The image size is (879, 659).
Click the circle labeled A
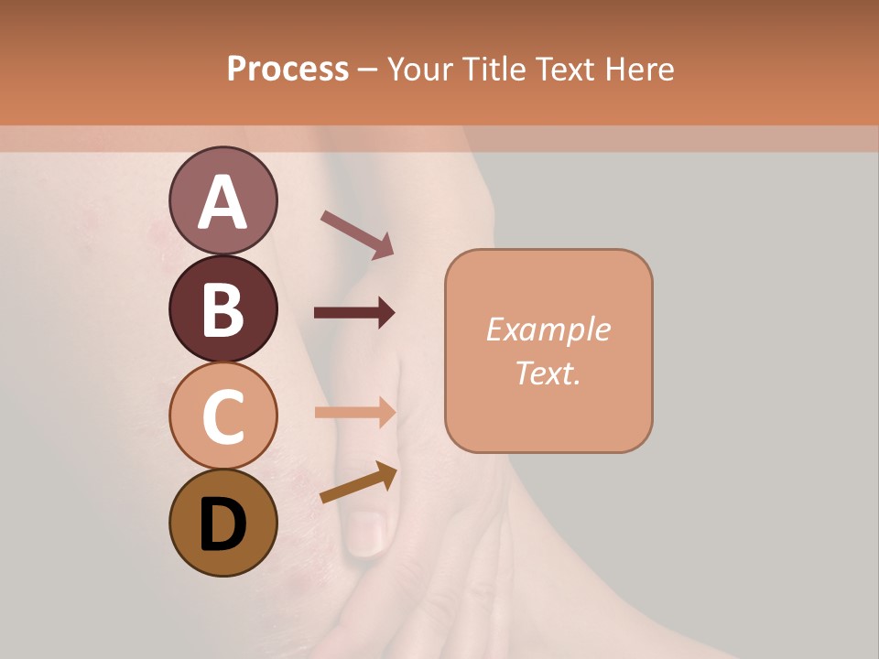[222, 201]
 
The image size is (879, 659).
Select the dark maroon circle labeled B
[222, 309]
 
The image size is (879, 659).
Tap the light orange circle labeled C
[222, 416]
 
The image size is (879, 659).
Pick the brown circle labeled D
[222, 523]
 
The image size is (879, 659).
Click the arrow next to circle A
[357, 234]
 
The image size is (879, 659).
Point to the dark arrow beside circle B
[354, 313]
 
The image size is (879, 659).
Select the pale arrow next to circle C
[354, 413]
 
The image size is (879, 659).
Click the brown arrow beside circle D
[358, 482]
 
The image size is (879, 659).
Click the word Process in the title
[288, 69]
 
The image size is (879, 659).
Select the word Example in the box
[548, 329]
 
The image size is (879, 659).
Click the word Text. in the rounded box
[548, 373]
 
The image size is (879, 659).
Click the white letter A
[222, 202]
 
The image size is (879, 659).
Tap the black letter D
[222, 524]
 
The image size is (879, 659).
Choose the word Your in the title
[420, 69]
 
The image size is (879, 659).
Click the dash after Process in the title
[368, 70]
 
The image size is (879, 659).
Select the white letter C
[222, 416]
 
